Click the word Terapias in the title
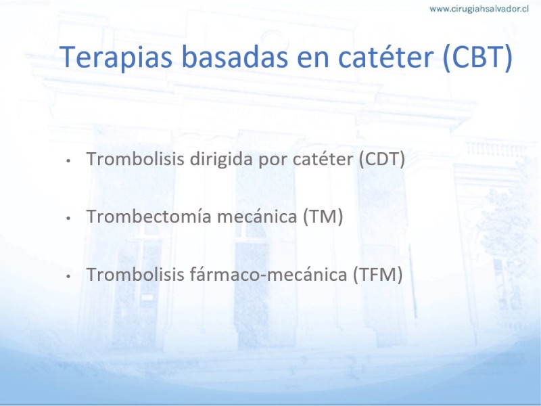pyautogui.click(x=116, y=57)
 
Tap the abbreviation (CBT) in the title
pyautogui.click(x=477, y=57)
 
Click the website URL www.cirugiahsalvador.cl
pyautogui.click(x=479, y=9)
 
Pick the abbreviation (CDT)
pyautogui.click(x=381, y=159)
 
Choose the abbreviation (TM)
pyautogui.click(x=323, y=217)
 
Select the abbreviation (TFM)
pyautogui.click(x=377, y=275)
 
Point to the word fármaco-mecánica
pyautogui.click(x=268, y=274)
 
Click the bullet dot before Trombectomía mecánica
pyautogui.click(x=68, y=218)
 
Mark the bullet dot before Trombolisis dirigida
pyautogui.click(x=68, y=160)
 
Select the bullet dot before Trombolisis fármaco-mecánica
pyautogui.click(x=68, y=276)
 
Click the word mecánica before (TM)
pyautogui.click(x=257, y=217)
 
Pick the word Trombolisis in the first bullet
pyautogui.click(x=135, y=159)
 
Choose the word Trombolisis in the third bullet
pyautogui.click(x=135, y=274)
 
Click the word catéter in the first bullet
pyautogui.click(x=323, y=159)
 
